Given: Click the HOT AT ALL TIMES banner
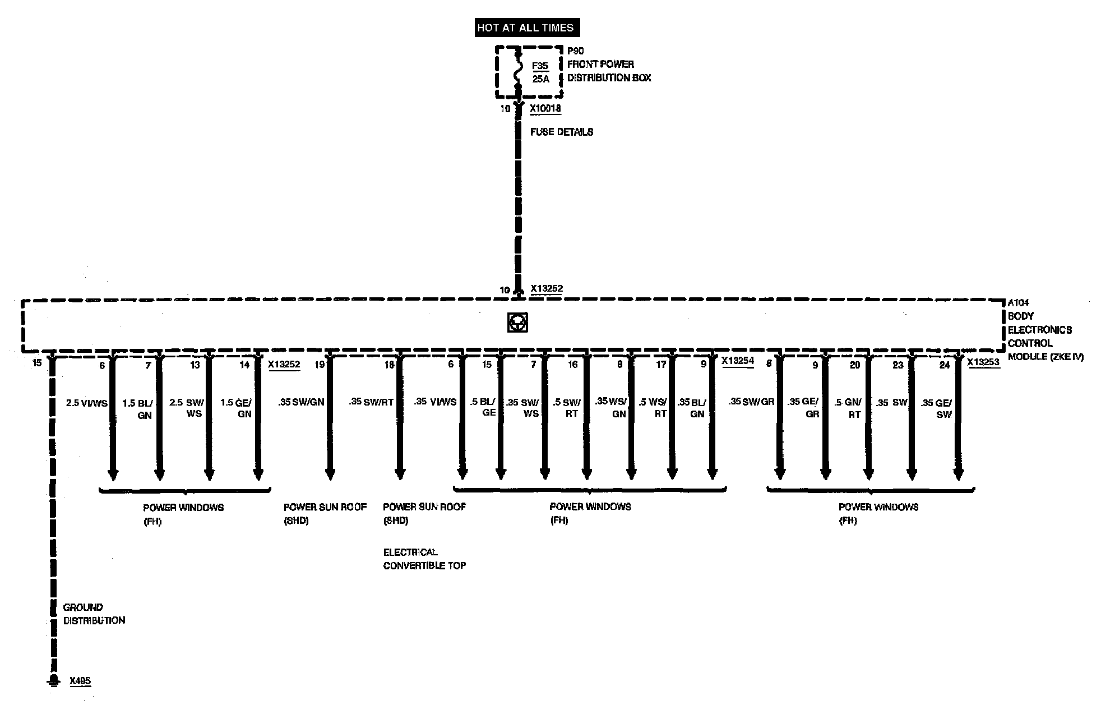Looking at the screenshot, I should pos(525,27).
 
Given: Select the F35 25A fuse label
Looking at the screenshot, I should pos(540,72).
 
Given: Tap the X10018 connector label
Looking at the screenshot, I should pos(545,108).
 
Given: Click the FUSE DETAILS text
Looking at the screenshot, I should pos(561,132).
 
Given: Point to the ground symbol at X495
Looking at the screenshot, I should pos(53,680).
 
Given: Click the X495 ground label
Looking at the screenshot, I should pos(80,681).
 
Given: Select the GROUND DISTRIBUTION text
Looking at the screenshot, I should pos(94,614).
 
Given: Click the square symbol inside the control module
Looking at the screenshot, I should pos(517,323).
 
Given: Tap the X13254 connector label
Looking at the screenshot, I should pos(737,361).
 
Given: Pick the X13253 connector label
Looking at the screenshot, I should pos(983,362).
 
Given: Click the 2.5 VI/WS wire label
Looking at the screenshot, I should pos(86,403).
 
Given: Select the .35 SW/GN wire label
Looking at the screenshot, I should pos(301,402).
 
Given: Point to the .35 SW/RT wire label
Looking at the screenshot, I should pos(371,402).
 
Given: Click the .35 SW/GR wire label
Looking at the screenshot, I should pos(751,402).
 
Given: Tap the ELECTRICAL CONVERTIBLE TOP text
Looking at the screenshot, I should pos(424,559).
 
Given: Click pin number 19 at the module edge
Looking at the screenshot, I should pos(319,365).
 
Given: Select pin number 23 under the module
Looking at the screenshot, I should pos(898,365).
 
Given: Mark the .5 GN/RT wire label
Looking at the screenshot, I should pos(847,408).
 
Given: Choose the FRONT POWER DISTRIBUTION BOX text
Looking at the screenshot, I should pos(609,71).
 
